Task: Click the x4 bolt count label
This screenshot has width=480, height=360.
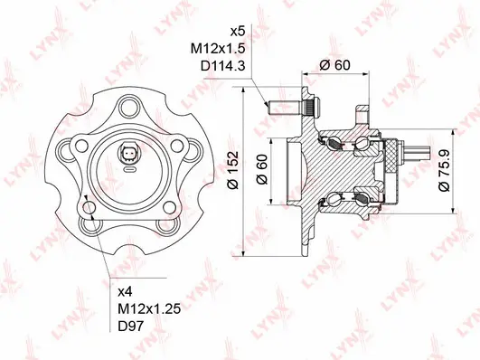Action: pos(127,291)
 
